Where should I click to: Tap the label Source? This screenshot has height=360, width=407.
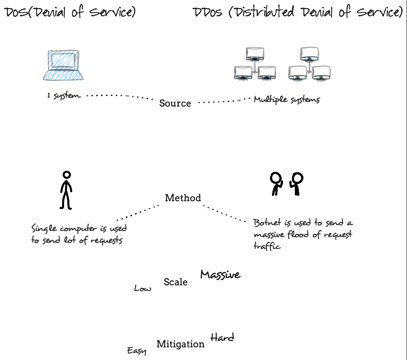(175, 103)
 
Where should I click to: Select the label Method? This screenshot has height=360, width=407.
(183, 198)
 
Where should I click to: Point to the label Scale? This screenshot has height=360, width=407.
(175, 282)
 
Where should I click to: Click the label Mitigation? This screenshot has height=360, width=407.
(180, 344)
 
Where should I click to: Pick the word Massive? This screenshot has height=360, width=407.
(220, 275)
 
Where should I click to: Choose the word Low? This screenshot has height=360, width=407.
(142, 289)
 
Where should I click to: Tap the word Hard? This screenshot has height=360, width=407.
(222, 338)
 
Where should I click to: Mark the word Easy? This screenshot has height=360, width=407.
(136, 351)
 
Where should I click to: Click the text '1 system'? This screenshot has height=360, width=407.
(64, 96)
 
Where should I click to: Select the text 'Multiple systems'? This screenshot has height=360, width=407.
(286, 99)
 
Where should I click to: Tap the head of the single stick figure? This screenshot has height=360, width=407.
(66, 175)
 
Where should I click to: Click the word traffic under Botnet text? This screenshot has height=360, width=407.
(267, 247)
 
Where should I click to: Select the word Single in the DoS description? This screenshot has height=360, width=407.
(44, 228)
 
